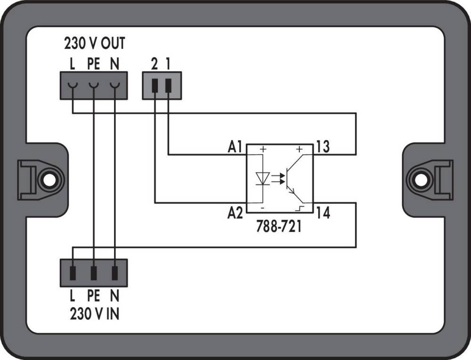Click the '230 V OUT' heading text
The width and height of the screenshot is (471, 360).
pyautogui.click(x=94, y=44)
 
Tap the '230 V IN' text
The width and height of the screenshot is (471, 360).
pyautogui.click(x=94, y=313)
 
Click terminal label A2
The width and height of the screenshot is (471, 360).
pyautogui.click(x=235, y=213)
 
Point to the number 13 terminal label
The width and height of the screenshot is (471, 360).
pyautogui.click(x=323, y=147)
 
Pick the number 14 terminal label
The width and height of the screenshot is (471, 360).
pyautogui.click(x=323, y=213)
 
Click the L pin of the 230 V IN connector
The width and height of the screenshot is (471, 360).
pyautogui.click(x=73, y=272)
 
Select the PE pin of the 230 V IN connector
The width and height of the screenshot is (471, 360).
pyautogui.click(x=94, y=272)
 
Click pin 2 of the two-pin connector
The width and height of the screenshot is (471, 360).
pyautogui.click(x=155, y=85)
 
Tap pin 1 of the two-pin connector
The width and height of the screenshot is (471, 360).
pyautogui.click(x=169, y=85)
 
